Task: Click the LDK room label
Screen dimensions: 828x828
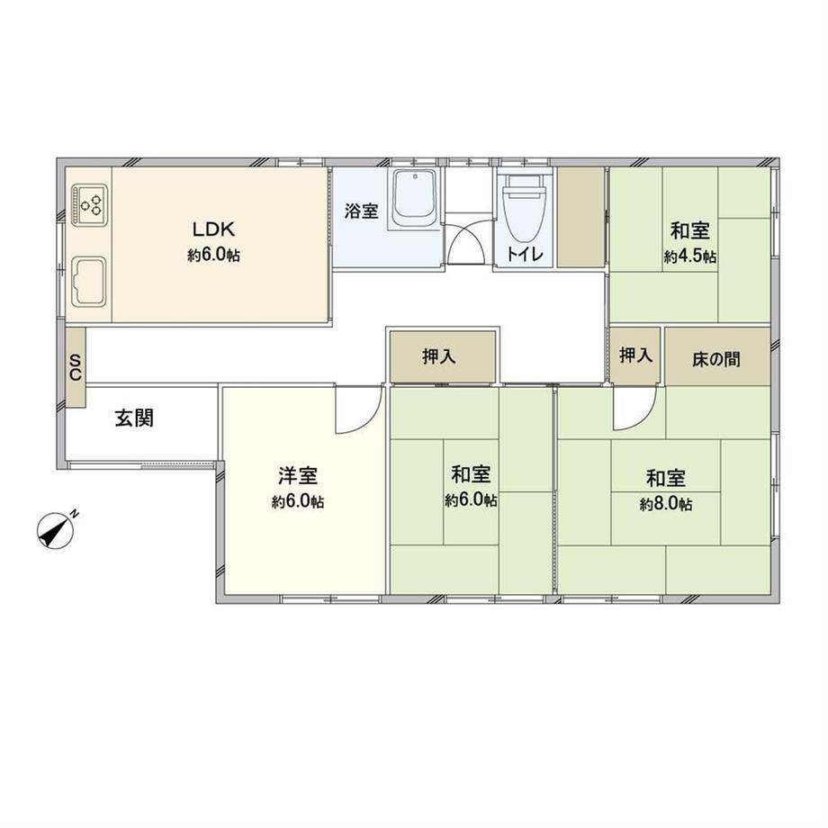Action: click(212, 229)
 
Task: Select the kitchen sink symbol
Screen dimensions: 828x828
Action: click(89, 281)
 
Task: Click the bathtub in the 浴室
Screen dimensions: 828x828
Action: click(415, 198)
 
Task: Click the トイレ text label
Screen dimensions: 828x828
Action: click(525, 254)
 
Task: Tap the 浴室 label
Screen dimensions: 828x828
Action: click(362, 211)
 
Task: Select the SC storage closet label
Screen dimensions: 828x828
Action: click(76, 367)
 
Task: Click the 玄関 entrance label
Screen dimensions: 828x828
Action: click(135, 418)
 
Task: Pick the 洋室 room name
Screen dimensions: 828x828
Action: click(298, 475)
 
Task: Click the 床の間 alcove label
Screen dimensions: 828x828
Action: click(716, 360)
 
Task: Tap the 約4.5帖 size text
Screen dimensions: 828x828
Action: click(690, 256)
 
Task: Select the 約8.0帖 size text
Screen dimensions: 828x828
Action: click(666, 504)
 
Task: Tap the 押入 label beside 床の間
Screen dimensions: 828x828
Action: click(635, 355)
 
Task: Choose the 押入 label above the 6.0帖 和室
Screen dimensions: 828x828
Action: click(439, 357)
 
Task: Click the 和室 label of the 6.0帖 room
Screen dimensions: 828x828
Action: click(471, 474)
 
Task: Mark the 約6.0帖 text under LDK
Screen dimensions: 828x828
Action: click(213, 256)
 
